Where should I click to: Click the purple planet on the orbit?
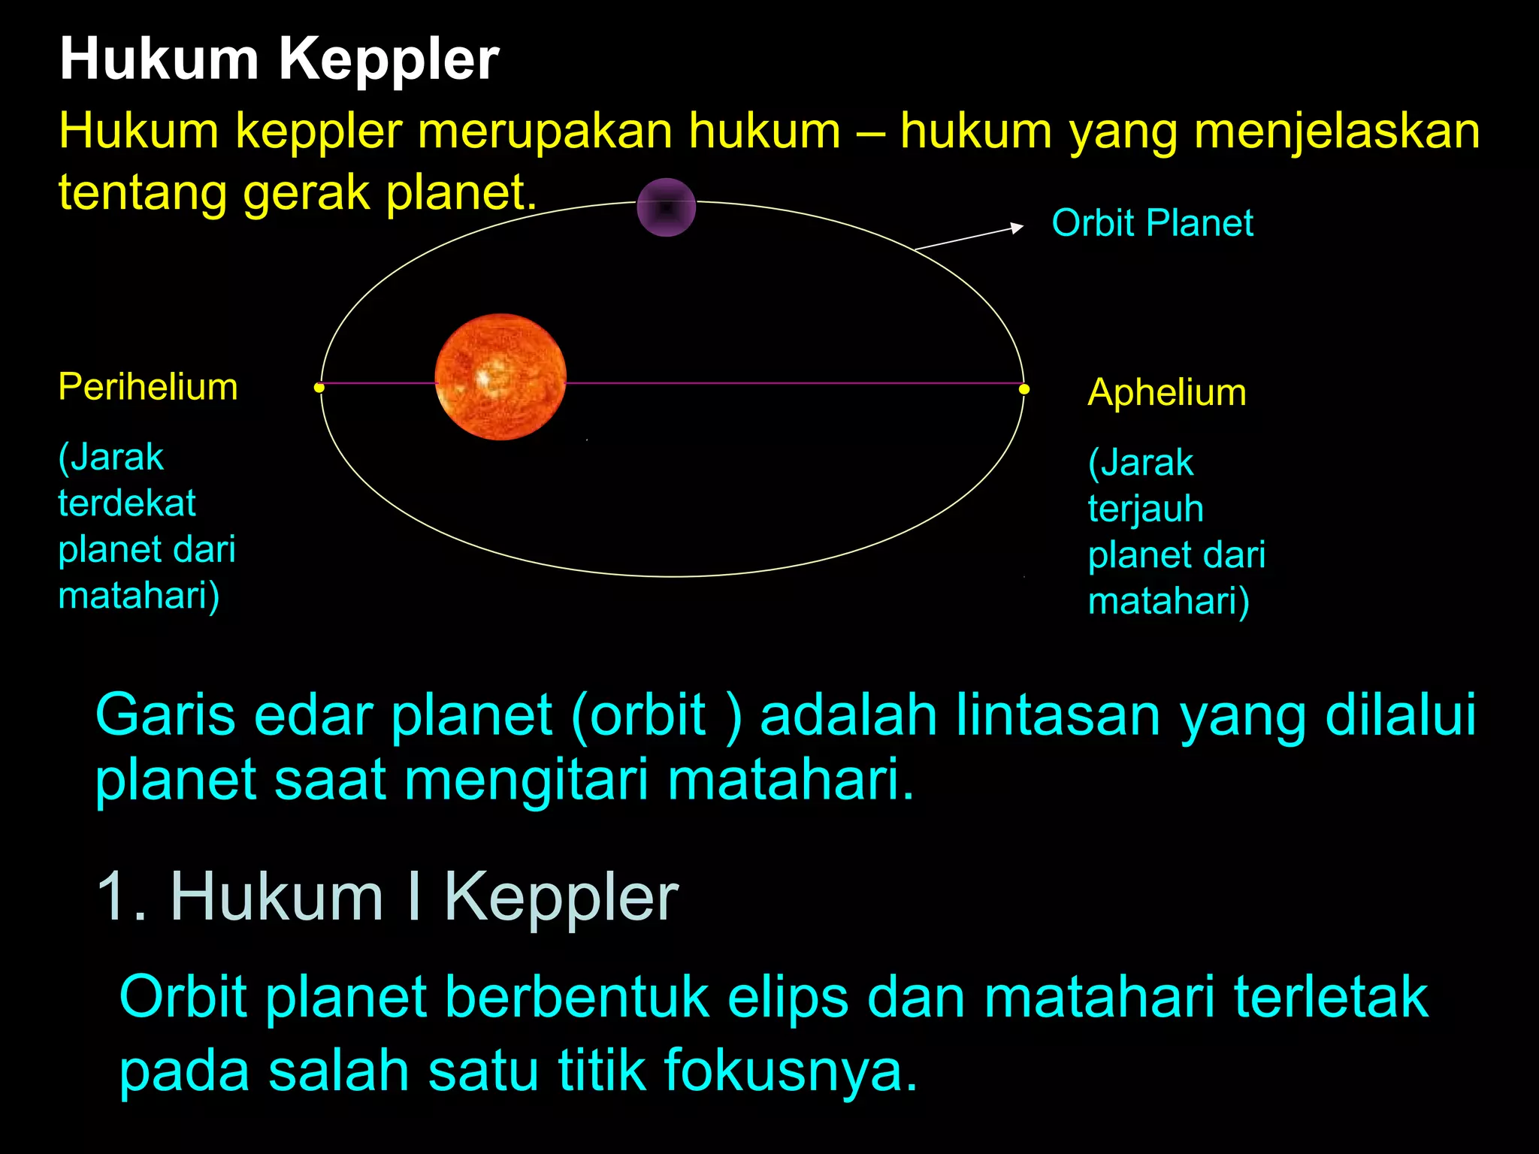tap(666, 207)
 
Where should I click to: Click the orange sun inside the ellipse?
tap(500, 376)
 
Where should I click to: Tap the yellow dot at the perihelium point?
tap(319, 388)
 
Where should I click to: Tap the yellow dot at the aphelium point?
tap(1024, 389)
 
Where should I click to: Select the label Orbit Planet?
tap(1152, 223)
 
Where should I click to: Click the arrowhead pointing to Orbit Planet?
tap(1016, 228)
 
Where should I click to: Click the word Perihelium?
tap(148, 387)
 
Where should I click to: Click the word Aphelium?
tap(1166, 392)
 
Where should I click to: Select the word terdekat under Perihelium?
tap(127, 503)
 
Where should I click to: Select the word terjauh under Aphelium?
tap(1145, 509)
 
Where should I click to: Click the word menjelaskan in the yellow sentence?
tap(1337, 131)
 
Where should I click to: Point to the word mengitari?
tap(526, 779)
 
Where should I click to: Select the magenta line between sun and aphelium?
tap(789, 383)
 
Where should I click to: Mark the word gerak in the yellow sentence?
tap(307, 192)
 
